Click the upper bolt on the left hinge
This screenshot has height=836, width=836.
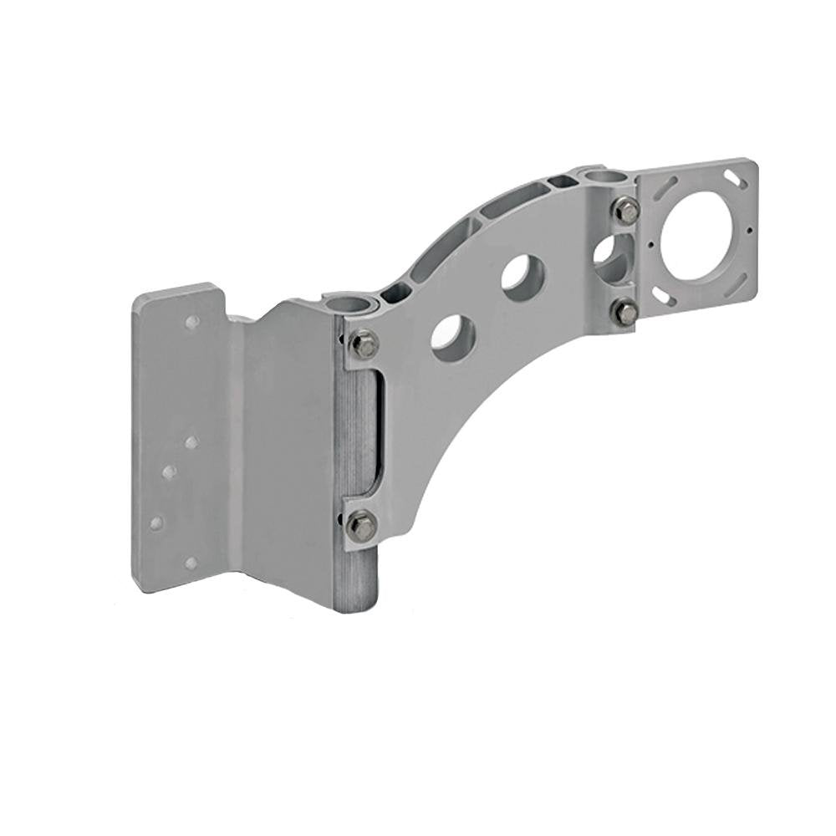pos(364,344)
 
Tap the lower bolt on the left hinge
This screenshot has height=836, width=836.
pos(362,525)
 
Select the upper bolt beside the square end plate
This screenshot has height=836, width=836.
pos(627,210)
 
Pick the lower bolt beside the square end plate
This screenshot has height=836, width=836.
pos(625,313)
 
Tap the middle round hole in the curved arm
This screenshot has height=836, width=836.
pos(523,275)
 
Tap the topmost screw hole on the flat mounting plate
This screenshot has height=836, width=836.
pos(192,322)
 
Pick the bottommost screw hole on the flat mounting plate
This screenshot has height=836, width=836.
pos(191,563)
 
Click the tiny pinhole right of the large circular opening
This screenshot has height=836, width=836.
pos(749,231)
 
